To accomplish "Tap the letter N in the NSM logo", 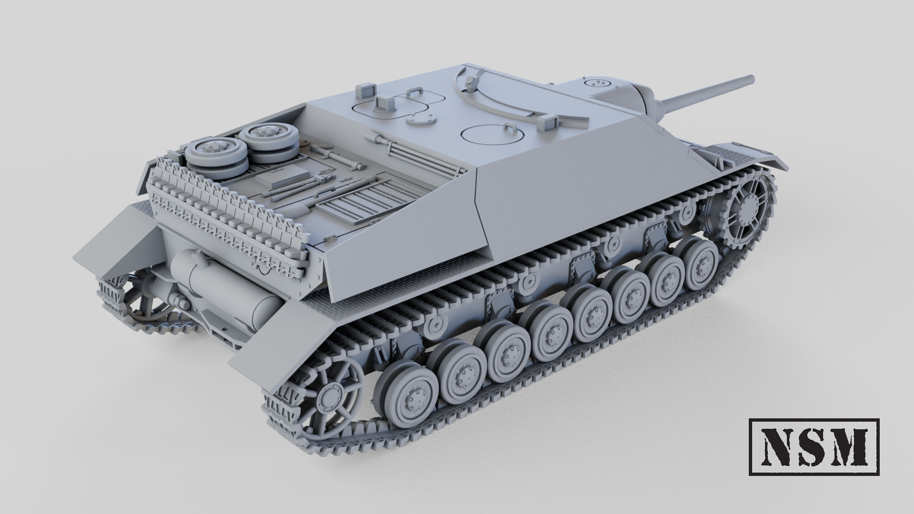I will [x=778, y=446].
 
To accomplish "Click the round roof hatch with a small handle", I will [x=494, y=133].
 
